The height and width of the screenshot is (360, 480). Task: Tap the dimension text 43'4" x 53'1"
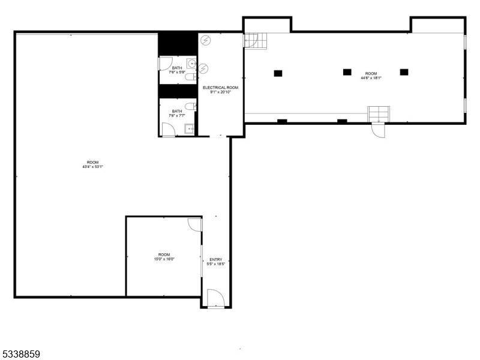[x=92, y=167]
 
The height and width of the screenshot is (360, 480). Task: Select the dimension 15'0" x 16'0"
[x=164, y=259]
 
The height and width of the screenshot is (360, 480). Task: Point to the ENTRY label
[x=215, y=259]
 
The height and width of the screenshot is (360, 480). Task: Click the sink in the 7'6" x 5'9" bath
[x=191, y=64]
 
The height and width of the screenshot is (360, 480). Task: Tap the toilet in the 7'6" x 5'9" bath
[x=190, y=77]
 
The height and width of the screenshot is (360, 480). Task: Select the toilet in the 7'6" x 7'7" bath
[x=190, y=106]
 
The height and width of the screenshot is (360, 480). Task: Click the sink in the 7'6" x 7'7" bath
[x=190, y=127]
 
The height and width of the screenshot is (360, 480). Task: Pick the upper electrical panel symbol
[x=206, y=40]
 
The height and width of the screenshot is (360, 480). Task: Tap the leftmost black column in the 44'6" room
[x=278, y=73]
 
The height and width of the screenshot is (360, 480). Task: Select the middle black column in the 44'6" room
[x=347, y=72]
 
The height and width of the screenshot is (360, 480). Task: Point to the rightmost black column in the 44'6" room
[x=404, y=72]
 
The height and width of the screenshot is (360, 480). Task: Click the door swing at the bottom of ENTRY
[x=215, y=298]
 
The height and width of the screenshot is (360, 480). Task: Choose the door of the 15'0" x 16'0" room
[x=194, y=224]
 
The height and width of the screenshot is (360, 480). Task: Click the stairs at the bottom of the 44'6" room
[x=379, y=113]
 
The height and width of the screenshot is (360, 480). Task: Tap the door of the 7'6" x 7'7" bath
[x=168, y=131]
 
